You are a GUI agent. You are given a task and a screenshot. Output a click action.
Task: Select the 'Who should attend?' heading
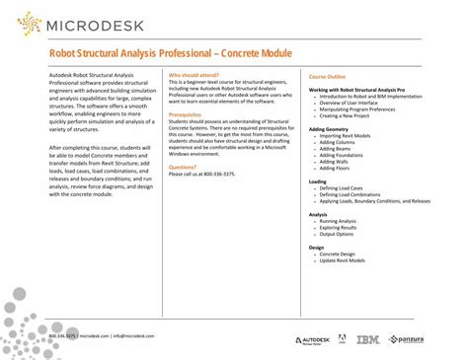click(195, 75)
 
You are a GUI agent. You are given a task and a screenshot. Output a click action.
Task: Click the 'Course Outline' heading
click(327, 76)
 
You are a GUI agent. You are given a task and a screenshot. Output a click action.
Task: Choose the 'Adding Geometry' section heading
click(330, 128)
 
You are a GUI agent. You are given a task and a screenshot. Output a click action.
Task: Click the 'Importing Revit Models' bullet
click(345, 135)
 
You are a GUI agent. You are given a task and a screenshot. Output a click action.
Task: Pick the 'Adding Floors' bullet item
click(335, 167)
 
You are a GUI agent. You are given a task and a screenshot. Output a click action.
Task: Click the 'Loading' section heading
click(318, 181)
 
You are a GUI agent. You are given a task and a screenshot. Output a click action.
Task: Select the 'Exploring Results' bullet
click(339, 227)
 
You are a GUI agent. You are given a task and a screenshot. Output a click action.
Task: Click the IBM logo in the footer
click(367, 339)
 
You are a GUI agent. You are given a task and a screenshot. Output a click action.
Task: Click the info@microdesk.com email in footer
click(137, 335)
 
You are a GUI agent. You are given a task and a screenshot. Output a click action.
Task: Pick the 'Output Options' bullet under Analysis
click(337, 234)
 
